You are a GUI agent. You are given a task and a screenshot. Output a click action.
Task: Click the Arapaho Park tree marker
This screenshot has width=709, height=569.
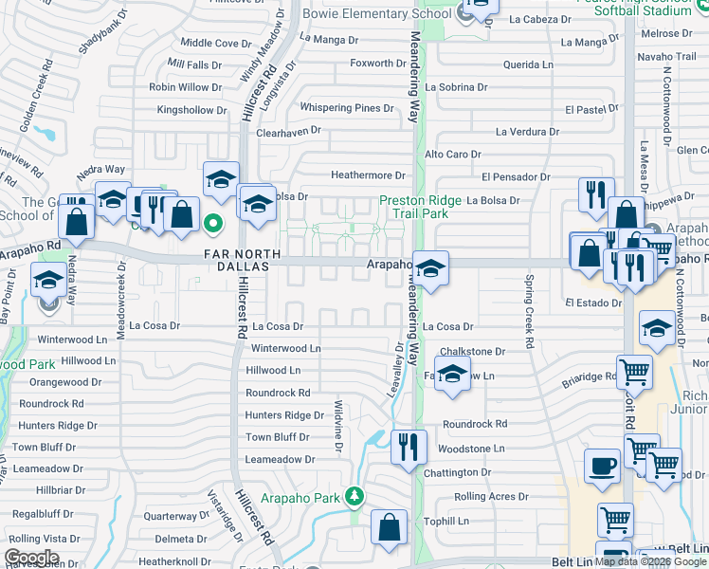tap(354, 495)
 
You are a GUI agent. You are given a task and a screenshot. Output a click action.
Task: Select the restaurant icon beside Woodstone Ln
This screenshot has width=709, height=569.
tap(409, 447)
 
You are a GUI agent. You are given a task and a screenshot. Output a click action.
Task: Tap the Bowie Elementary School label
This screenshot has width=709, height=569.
tap(376, 13)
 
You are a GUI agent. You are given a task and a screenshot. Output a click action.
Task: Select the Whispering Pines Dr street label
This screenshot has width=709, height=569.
tap(347, 108)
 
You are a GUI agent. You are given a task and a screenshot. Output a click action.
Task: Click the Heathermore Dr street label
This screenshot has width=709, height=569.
tap(368, 175)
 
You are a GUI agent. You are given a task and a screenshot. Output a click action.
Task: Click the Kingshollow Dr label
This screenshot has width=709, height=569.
tap(191, 110)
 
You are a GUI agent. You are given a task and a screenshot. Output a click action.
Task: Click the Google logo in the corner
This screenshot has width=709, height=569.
tap(32, 558)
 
